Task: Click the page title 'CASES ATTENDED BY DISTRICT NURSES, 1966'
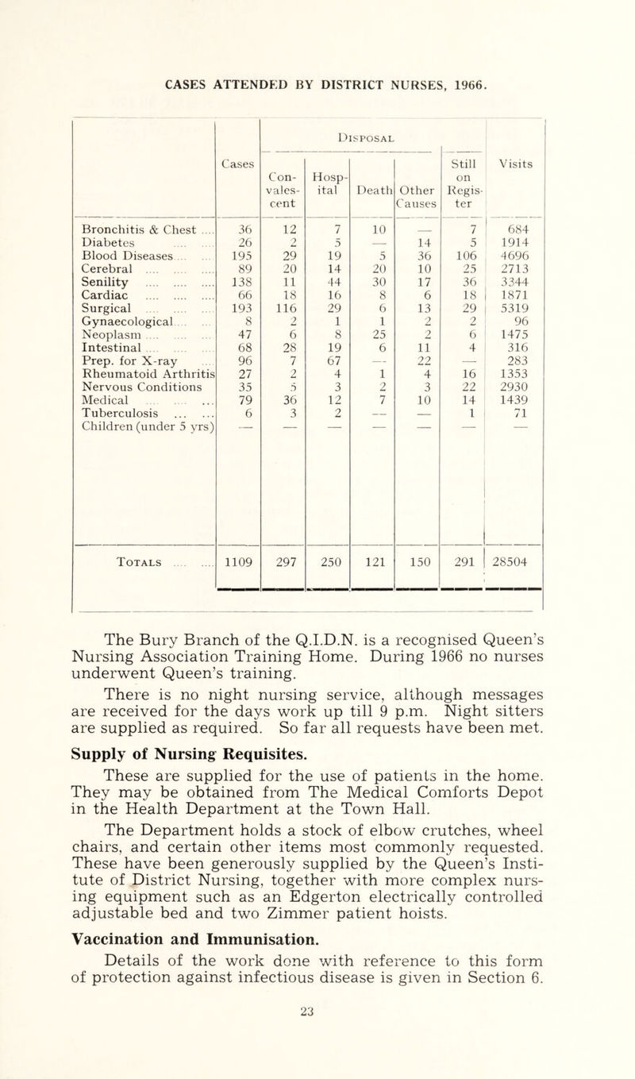pos(318,77)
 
